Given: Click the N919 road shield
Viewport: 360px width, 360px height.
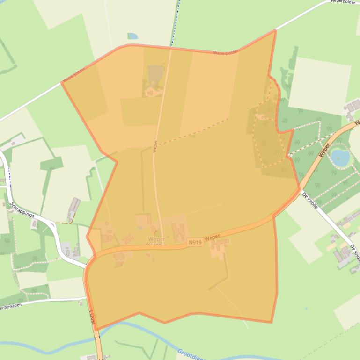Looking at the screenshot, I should [x=195, y=242].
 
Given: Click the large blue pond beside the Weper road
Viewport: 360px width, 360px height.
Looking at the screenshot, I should [x=339, y=157].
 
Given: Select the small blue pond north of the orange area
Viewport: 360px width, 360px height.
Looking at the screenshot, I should [x=133, y=36].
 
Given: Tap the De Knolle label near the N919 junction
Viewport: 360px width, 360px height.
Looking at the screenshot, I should [x=310, y=200].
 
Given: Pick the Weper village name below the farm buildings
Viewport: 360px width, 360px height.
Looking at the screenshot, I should [x=156, y=239].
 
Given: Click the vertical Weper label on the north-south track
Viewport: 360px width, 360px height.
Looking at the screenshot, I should [x=155, y=146].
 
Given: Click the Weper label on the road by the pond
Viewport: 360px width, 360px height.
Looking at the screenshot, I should [x=324, y=150].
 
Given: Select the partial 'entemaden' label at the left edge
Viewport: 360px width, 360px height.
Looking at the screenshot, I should [x=11, y=307].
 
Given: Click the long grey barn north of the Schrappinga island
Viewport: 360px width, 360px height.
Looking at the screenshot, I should [x=74, y=207].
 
